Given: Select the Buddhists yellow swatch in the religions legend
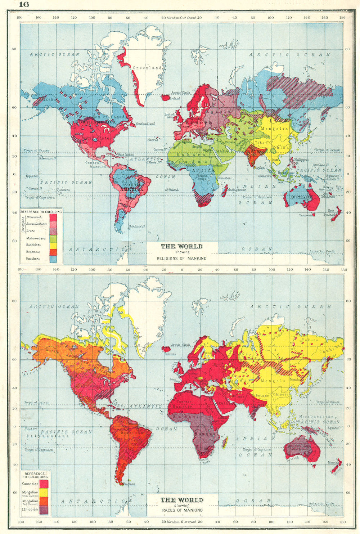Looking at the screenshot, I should tap(53, 245).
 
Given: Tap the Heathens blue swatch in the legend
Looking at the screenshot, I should tap(53, 259).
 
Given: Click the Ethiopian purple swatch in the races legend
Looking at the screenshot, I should tap(44, 510).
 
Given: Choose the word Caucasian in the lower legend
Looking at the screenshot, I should tap(30, 484).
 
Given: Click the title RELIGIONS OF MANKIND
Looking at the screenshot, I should tap(181, 258).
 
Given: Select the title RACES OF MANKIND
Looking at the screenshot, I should tap(181, 510).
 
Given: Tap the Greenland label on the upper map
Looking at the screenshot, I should tap(147, 68).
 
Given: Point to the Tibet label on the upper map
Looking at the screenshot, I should tap(261, 143).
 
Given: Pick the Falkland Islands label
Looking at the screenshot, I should tap(136, 226).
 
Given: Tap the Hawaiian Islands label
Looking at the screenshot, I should tap(47, 158).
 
